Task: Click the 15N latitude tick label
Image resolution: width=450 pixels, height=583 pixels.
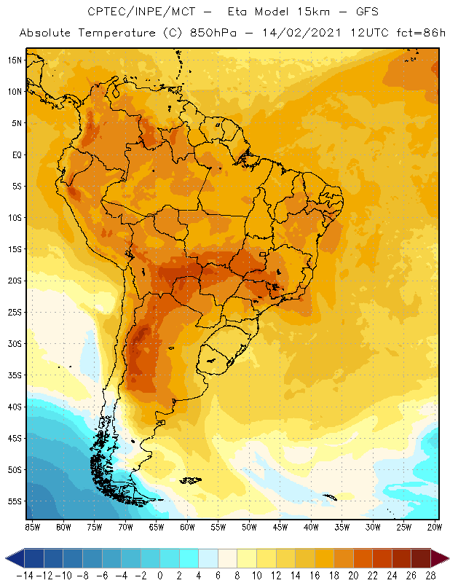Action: click(15, 60)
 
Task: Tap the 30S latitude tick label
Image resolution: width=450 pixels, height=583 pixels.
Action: click(15, 343)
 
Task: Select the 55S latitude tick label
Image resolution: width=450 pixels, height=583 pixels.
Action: click(15, 501)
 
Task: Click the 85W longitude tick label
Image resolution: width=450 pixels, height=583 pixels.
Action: click(32, 526)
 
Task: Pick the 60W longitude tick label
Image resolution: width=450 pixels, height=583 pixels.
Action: click(187, 526)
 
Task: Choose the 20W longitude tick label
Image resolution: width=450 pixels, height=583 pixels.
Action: click(435, 526)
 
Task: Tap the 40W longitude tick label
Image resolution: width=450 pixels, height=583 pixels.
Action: click(311, 526)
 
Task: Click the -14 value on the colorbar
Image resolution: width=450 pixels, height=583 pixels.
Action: click(24, 574)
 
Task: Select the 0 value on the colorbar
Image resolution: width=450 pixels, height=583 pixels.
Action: click(160, 574)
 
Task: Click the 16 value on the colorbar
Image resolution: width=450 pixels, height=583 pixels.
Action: click(315, 574)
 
